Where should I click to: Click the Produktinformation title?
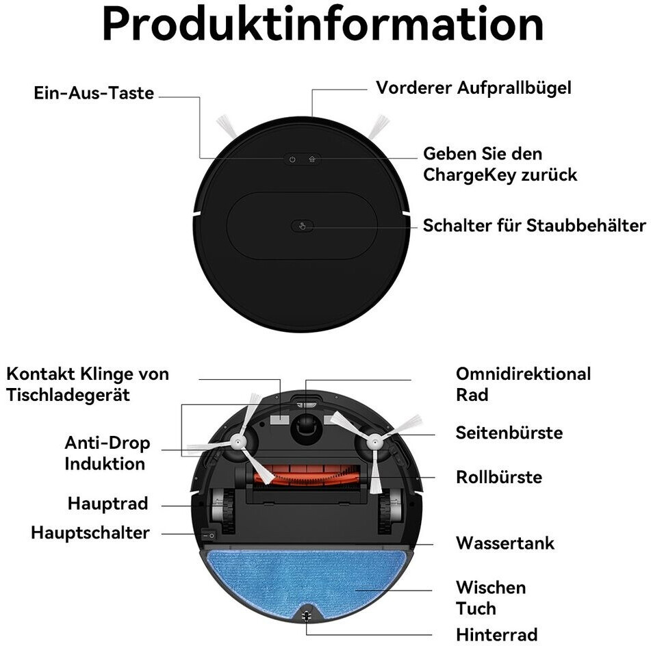pyautogui.click(x=323, y=25)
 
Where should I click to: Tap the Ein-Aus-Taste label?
pyautogui.click(x=94, y=94)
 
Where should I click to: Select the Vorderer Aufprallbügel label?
pyautogui.click(x=473, y=88)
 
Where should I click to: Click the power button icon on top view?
pyautogui.click(x=292, y=159)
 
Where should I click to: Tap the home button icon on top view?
pyautogui.click(x=312, y=159)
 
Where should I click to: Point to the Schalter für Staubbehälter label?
pyautogui.click(x=534, y=225)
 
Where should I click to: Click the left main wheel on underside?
pyautogui.click(x=218, y=510)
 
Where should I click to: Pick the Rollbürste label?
pyautogui.click(x=499, y=477)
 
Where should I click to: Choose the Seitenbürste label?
pyautogui.click(x=509, y=432)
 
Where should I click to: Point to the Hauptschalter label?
pyautogui.click(x=90, y=532)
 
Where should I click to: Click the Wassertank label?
pyautogui.click(x=505, y=543)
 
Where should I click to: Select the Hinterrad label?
pyautogui.click(x=496, y=634)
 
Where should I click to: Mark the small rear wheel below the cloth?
pyautogui.click(x=305, y=615)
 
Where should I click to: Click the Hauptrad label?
pyautogui.click(x=107, y=504)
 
